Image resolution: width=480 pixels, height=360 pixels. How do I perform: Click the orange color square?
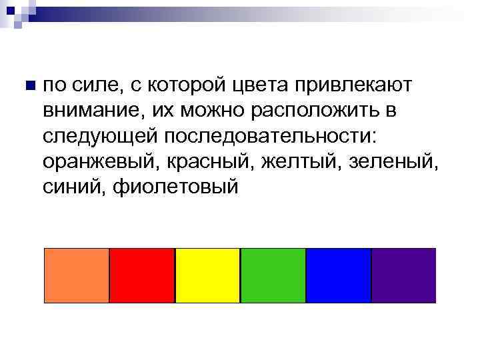76,275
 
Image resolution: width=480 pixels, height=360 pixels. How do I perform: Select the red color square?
141,275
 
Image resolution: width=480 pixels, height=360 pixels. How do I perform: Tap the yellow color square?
207,275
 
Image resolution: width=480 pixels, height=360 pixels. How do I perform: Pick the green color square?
272,275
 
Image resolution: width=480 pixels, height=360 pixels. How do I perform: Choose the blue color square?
338,275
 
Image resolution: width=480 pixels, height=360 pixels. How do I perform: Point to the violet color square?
403,275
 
